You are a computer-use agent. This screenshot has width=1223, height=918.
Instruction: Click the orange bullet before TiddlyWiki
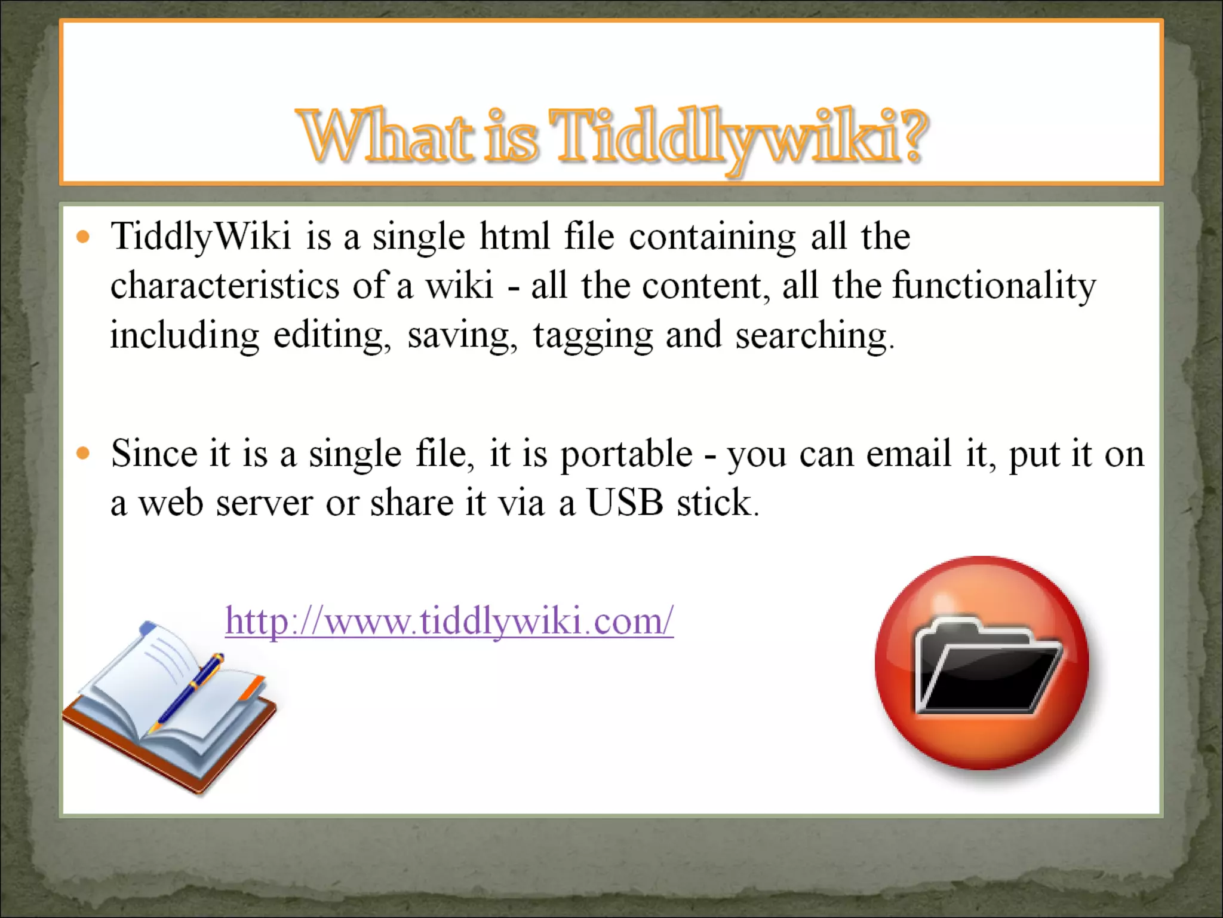pos(84,237)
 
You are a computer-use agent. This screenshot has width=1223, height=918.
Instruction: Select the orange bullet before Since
pos(84,454)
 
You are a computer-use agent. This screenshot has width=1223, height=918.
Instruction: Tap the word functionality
pos(994,286)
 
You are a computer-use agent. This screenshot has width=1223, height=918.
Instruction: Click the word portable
pos(626,454)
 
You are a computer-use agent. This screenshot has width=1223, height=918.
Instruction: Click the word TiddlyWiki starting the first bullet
pos(201,237)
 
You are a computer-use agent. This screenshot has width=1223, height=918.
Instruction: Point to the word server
pos(264,503)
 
